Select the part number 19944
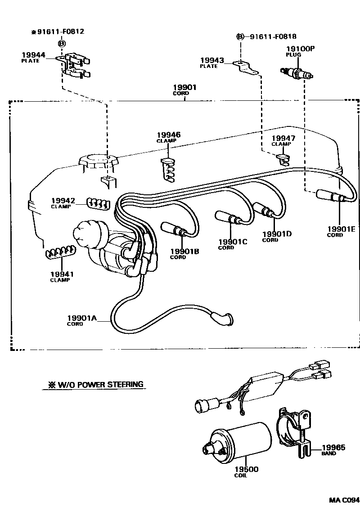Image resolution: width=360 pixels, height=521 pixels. pyautogui.click(x=33, y=55)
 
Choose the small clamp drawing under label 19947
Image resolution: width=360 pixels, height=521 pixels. pyautogui.click(x=282, y=158)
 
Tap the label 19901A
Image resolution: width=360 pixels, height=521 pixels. pyautogui.click(x=82, y=318)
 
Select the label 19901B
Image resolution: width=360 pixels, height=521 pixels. pyautogui.click(x=184, y=252)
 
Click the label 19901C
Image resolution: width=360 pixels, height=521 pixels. pyautogui.click(x=233, y=242)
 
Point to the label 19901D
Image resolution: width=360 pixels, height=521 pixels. pyautogui.click(x=277, y=234)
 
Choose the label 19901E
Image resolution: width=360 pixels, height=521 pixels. pyautogui.click(x=341, y=229)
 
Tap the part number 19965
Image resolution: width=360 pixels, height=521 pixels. pyautogui.click(x=333, y=447)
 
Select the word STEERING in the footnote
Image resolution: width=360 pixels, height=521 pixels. pyautogui.click(x=126, y=384)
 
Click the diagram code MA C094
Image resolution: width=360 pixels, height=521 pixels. pyautogui.click(x=344, y=500)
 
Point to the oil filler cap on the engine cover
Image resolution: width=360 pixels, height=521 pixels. pyautogui.click(x=98, y=162)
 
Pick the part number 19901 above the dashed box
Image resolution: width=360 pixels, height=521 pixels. pyautogui.click(x=184, y=87)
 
